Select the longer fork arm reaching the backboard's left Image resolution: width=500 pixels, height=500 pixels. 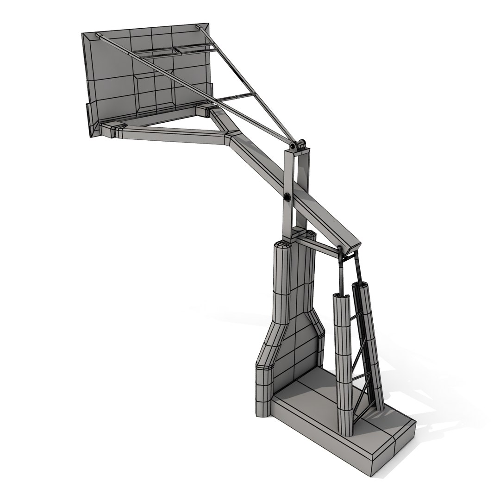pos(171,134)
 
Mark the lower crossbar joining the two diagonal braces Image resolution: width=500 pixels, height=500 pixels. pos(236,98)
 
